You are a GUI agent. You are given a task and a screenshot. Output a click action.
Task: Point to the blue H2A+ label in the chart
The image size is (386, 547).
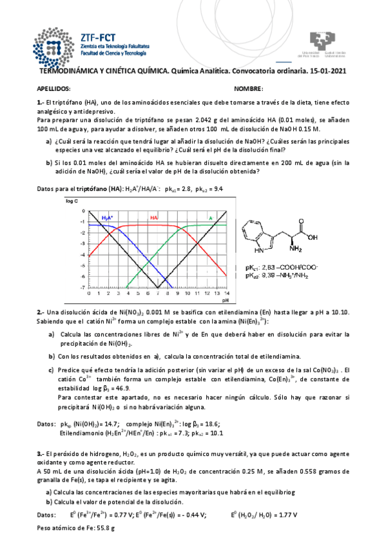pos(107,218)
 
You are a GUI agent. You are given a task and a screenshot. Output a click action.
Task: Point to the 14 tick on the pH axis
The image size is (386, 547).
pos(226,293)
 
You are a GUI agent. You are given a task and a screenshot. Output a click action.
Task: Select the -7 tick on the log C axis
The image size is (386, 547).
pos(82,288)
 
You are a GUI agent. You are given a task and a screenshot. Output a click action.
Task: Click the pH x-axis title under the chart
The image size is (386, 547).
pos(226,300)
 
